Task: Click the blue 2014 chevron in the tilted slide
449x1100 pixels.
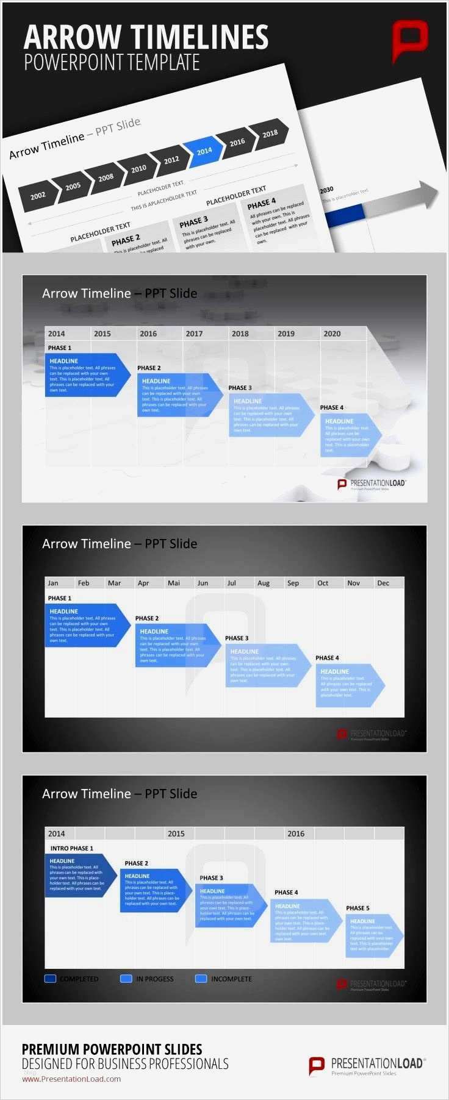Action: [x=204, y=151]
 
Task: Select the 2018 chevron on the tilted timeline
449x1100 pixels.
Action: [x=270, y=134]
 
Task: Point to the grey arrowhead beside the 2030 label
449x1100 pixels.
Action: [x=428, y=195]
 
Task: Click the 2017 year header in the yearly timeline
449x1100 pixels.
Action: [x=194, y=334]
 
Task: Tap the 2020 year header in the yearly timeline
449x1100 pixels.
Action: [x=332, y=334]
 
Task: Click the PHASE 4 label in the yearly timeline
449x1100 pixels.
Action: [x=332, y=407]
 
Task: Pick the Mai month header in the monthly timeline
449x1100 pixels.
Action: [x=174, y=583]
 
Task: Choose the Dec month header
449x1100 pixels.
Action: [x=383, y=583]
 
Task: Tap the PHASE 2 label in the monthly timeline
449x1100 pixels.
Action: [x=147, y=618]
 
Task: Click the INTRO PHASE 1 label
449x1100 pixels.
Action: [x=72, y=848]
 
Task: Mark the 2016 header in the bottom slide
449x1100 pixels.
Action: [x=296, y=834]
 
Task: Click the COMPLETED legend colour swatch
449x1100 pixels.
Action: [x=51, y=979]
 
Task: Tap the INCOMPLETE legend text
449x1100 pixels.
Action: [x=231, y=979]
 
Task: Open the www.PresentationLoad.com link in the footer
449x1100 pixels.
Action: [x=71, y=1079]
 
